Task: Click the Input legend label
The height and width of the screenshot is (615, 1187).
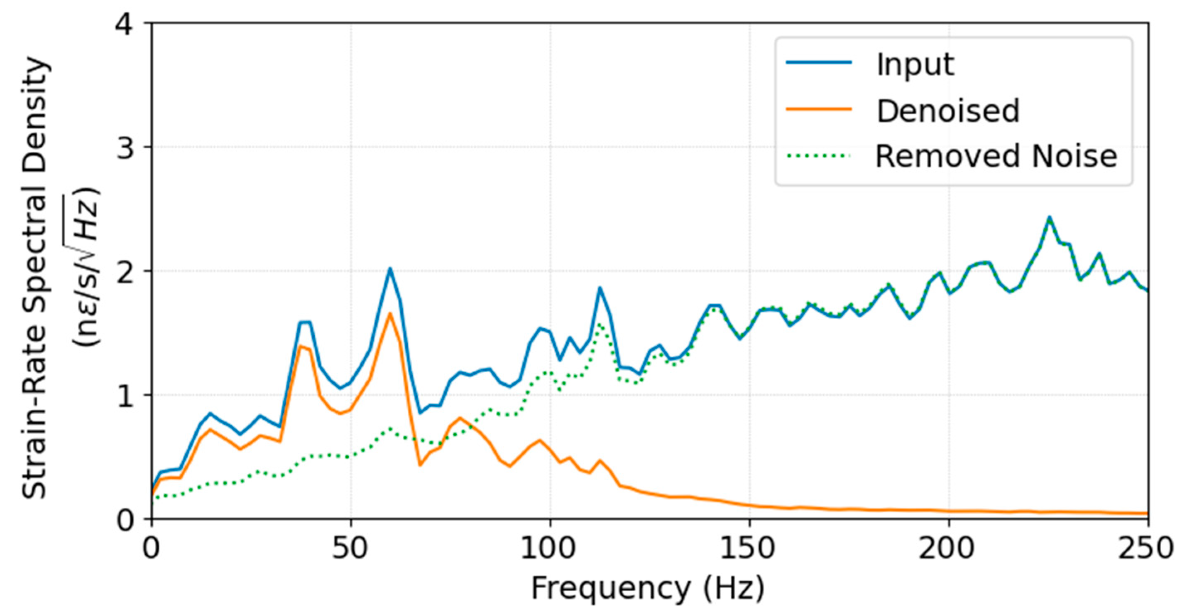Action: pyautogui.click(x=915, y=64)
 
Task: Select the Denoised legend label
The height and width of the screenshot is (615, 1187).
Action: pyautogui.click(x=947, y=111)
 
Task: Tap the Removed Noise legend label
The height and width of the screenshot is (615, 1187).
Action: pyautogui.click(x=996, y=156)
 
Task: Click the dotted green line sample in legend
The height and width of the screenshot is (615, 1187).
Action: pyautogui.click(x=819, y=156)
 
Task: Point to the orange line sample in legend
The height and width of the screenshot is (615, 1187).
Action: pyautogui.click(x=819, y=109)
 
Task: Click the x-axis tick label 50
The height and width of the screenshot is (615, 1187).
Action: pyautogui.click(x=351, y=549)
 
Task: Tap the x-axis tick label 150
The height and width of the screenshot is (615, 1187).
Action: pyautogui.click(x=749, y=549)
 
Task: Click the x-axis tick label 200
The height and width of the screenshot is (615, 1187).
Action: pyautogui.click(x=948, y=549)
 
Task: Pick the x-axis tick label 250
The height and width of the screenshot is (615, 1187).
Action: pyautogui.click(x=1146, y=549)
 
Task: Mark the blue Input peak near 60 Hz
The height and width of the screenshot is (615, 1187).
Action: pyautogui.click(x=389, y=268)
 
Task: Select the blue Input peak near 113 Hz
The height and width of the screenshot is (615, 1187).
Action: pyautogui.click(x=600, y=288)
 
